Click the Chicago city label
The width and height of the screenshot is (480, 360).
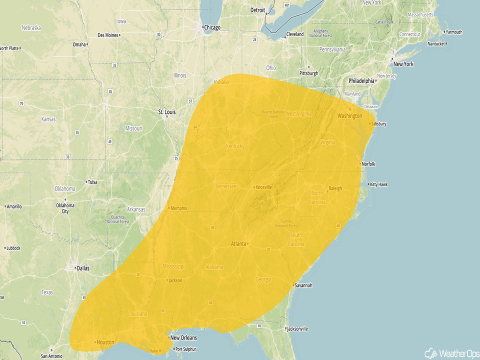coord(212,28)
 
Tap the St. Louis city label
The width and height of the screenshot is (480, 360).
coord(167,111)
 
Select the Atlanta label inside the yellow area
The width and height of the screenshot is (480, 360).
coord(238,244)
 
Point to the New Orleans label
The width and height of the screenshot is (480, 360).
coord(183,338)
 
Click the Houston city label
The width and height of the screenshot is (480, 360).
coord(105,342)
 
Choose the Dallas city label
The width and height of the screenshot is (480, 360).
coord(82,267)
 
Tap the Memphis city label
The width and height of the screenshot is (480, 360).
coord(178,208)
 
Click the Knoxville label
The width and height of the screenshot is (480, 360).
coord(263,187)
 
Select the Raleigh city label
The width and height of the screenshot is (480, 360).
coord(335,188)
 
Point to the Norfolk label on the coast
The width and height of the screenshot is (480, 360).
coord(368,164)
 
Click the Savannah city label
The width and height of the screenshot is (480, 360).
coord(302,285)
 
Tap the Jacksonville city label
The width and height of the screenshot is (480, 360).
coord(297,329)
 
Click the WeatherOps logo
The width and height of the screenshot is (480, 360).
coord(449,353)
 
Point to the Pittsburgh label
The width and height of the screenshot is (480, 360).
coord(308,73)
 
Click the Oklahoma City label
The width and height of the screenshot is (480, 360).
coord(65,208)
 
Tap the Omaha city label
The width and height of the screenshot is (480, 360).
coord(79,44)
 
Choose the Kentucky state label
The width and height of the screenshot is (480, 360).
coord(235,147)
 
